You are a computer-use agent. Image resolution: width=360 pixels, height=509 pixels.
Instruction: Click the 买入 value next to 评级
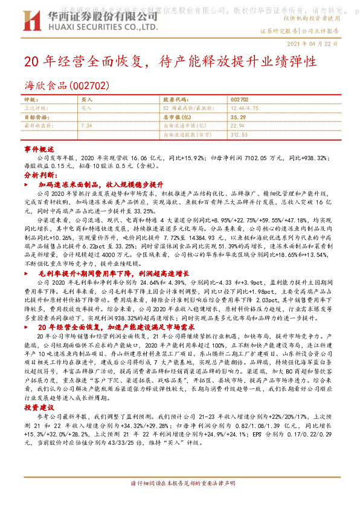[x=87, y=99]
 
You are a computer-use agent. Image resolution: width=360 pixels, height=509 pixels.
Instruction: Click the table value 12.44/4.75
[x=243, y=106]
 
